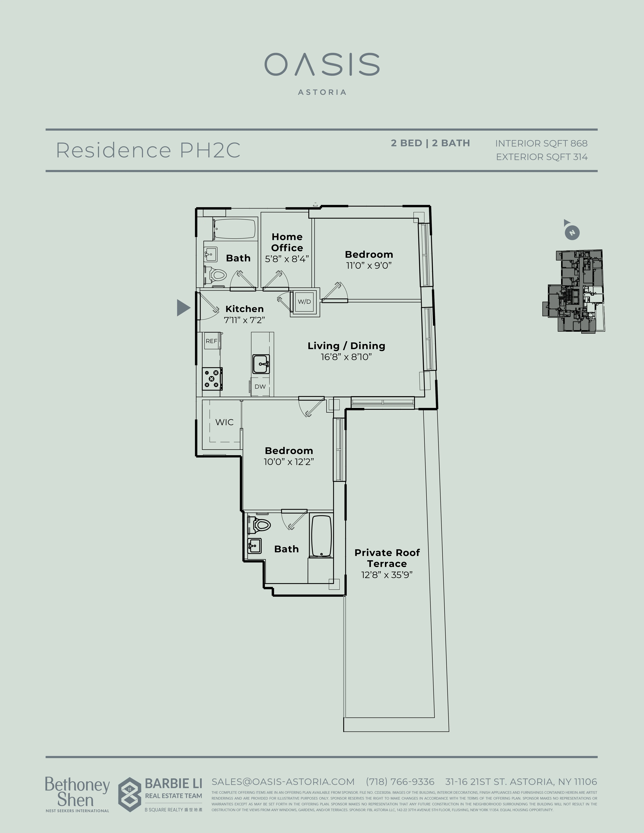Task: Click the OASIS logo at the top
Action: pyautogui.click(x=322, y=65)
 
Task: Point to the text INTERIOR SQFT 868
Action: pyautogui.click(x=541, y=143)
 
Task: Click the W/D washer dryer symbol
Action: pyautogui.click(x=304, y=302)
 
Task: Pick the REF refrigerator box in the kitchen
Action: pyautogui.click(x=211, y=341)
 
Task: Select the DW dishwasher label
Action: pyautogui.click(x=260, y=386)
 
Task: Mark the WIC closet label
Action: pyautogui.click(x=224, y=422)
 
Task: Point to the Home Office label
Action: pyautogui.click(x=287, y=242)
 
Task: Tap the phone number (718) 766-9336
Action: pyautogui.click(x=400, y=782)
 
